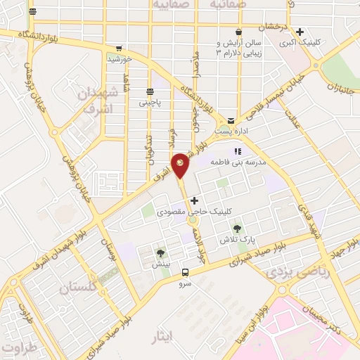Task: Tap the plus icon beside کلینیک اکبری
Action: [300, 32]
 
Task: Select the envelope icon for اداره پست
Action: [231, 121]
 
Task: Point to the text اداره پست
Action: [231, 131]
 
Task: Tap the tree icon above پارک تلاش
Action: [236, 228]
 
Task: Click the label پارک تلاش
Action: [236, 240]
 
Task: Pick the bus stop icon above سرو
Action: [185, 271]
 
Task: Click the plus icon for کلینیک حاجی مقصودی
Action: [194, 201]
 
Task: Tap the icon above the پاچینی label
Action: [149, 92]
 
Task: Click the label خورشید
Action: [120, 59]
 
